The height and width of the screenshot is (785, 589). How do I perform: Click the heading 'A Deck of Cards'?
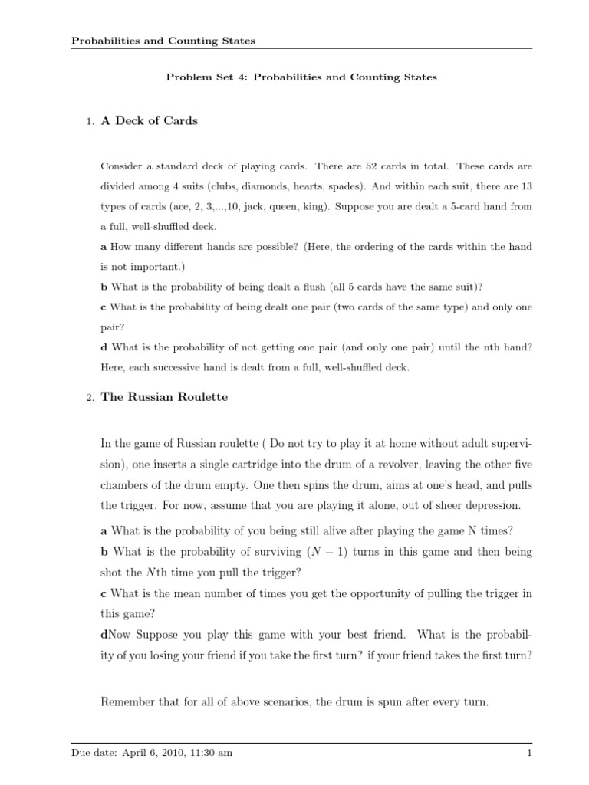click(x=149, y=120)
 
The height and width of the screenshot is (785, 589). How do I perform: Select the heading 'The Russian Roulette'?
click(x=164, y=397)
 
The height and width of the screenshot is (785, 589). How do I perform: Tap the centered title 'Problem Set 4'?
click(x=302, y=77)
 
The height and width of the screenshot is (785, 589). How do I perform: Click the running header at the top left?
click(x=163, y=41)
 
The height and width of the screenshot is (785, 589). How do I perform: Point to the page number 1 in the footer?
click(x=529, y=753)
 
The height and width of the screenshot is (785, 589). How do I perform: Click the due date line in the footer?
click(x=151, y=753)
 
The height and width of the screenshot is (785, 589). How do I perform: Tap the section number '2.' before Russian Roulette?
click(x=90, y=398)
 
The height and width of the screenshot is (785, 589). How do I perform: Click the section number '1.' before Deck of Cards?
click(x=90, y=121)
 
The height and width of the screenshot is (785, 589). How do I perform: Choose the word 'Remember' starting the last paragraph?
click(x=127, y=701)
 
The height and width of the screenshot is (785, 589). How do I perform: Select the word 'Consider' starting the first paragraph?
click(x=121, y=166)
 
